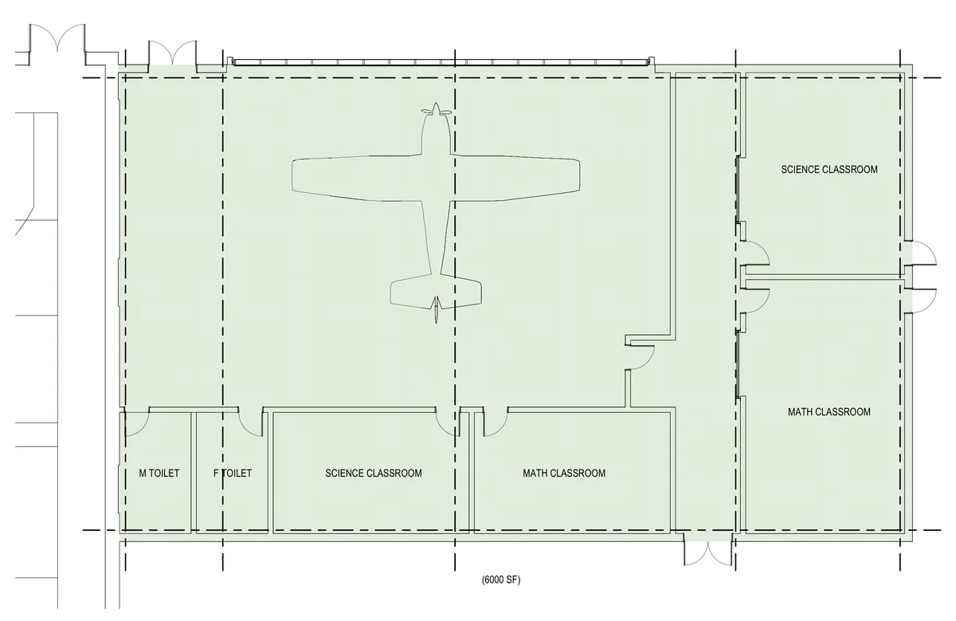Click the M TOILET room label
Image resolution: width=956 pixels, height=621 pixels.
click(x=159, y=474)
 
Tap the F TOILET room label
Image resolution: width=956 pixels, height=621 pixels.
click(x=233, y=474)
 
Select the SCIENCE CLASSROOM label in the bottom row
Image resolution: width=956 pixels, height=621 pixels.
click(x=374, y=474)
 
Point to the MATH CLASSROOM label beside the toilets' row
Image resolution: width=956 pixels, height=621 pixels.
click(x=564, y=474)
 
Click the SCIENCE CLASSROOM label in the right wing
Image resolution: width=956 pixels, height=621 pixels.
click(x=829, y=170)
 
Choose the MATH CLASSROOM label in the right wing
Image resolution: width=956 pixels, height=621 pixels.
click(x=829, y=411)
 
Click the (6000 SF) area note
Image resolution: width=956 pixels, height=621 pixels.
click(x=501, y=580)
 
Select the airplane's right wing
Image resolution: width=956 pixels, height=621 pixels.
click(x=515, y=177)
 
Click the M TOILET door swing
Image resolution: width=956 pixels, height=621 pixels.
click(x=137, y=423)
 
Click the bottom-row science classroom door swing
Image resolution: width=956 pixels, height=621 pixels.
click(x=447, y=423)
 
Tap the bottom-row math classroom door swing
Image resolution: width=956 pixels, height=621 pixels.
click(x=496, y=423)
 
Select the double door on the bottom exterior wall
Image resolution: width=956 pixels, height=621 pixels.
click(x=708, y=553)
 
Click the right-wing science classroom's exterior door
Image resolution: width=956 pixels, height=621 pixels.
click(x=923, y=254)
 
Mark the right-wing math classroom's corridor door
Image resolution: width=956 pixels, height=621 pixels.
click(x=757, y=301)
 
